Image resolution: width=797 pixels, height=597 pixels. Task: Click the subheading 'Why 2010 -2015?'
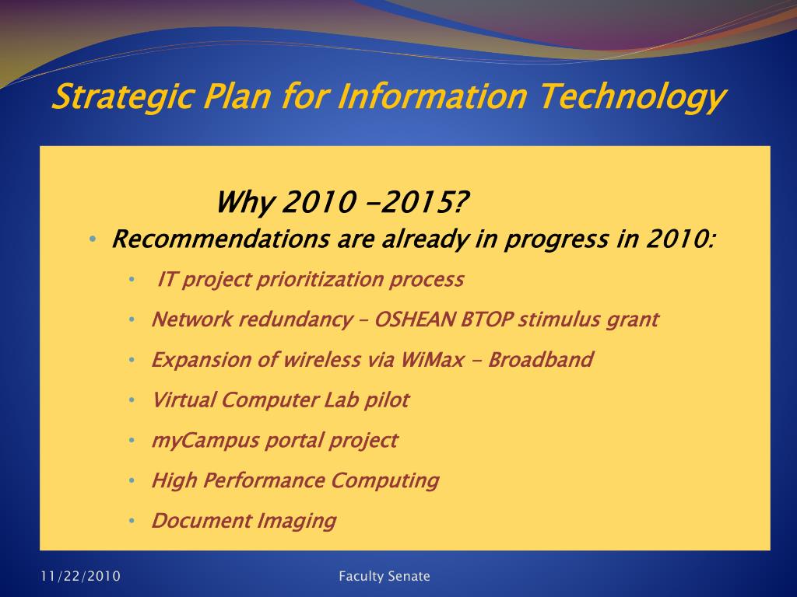(342, 204)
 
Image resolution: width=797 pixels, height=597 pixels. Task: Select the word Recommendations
(220, 239)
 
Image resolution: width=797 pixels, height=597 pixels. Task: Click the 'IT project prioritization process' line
(311, 280)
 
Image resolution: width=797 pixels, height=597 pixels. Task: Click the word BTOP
(493, 319)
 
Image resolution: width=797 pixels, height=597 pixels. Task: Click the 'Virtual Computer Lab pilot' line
(279, 400)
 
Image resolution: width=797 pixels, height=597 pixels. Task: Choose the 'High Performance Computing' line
(295, 480)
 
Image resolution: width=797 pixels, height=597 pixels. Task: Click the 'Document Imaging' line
(244, 521)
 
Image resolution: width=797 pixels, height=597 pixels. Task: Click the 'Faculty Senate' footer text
(384, 576)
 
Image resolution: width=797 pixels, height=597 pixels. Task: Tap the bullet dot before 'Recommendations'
(93, 239)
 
